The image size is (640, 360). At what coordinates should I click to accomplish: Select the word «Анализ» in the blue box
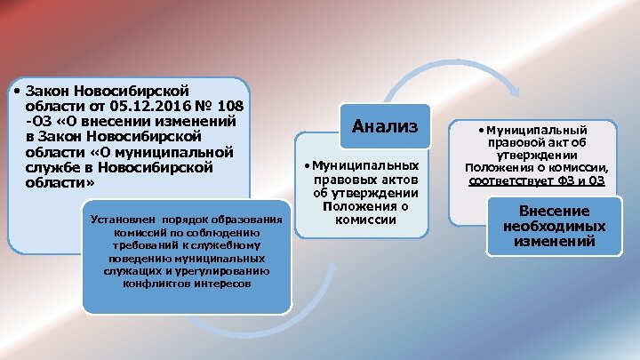[386, 126]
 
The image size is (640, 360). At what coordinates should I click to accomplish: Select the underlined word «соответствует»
[508, 180]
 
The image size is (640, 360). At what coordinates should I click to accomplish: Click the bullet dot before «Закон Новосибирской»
[19, 91]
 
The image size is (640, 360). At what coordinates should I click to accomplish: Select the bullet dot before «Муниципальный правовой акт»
[480, 130]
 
